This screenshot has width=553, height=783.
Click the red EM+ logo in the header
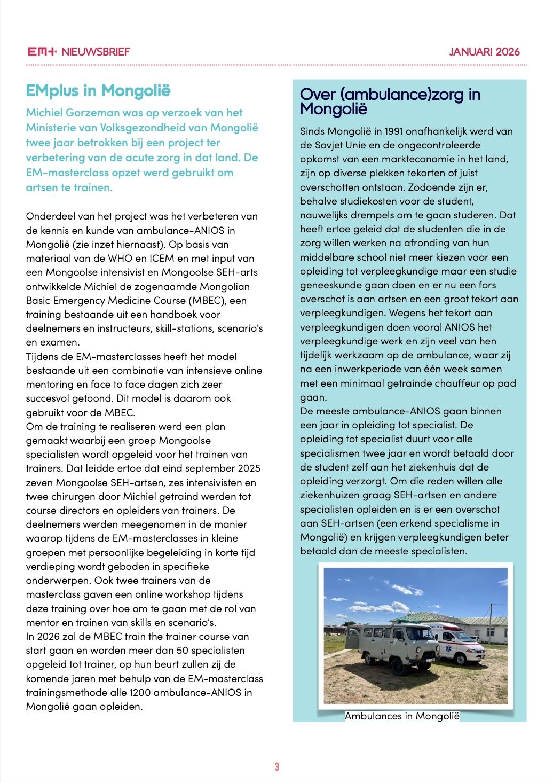(42, 52)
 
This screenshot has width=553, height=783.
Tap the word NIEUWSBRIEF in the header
(96, 52)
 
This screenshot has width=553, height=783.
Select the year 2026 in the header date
(508, 52)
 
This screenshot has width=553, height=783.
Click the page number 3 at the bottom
(276, 766)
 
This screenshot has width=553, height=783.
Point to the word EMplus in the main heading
(52, 91)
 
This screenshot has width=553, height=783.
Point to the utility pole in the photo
(491, 622)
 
